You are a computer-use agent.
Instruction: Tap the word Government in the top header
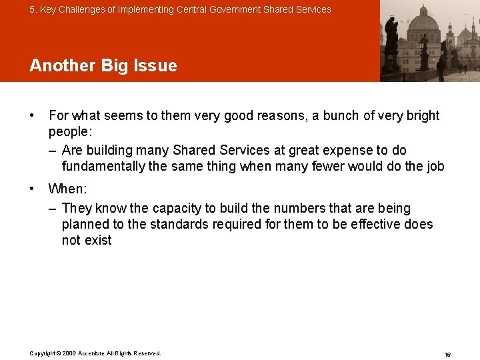pyautogui.click(x=217, y=9)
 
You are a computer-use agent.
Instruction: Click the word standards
pyautogui.click(x=167, y=224)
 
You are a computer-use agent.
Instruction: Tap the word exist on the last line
pyautogui.click(x=98, y=240)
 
